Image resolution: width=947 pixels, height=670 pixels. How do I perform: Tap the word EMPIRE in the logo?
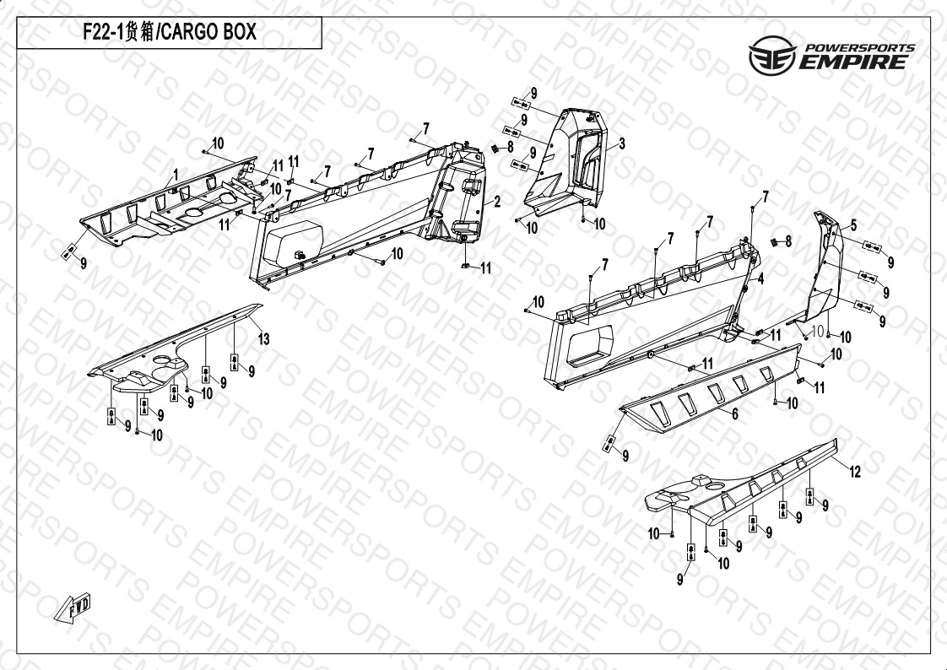pos(853,62)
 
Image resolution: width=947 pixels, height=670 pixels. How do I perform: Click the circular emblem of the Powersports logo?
pos(772,56)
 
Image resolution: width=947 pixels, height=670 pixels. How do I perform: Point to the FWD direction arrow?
pos(73,608)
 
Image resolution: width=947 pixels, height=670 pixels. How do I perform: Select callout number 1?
pos(176,175)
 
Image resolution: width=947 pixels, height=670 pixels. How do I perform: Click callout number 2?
pos(497,202)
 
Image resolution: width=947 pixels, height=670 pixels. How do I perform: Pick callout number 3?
pos(622,143)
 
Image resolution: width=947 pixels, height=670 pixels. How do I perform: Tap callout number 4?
pos(761,278)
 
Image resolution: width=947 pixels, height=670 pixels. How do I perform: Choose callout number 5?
pos(853,226)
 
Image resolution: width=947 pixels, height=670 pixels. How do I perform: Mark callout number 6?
pos(735,413)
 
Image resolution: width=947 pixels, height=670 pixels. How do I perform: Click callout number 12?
pos(855,472)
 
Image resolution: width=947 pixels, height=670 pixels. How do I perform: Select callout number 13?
pos(264,339)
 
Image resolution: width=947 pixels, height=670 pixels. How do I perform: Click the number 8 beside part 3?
pos(511,147)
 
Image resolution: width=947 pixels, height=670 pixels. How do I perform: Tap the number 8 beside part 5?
pos(787,241)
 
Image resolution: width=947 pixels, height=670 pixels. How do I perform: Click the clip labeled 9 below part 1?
pos(69,251)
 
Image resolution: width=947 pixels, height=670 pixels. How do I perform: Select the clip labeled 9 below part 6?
pos(609,444)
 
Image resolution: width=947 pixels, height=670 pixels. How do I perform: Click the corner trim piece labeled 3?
pos(568,162)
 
